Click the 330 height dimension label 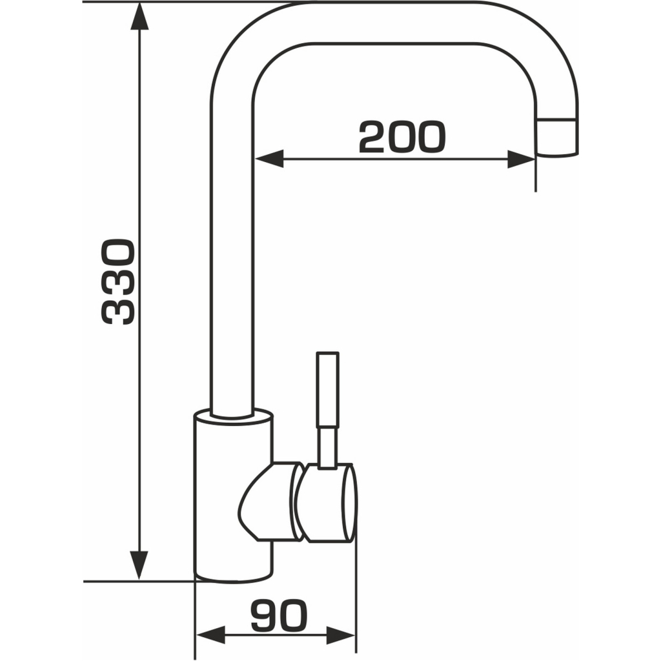pos(119,282)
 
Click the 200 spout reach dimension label pos(402,137)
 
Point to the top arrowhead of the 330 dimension pos(139,16)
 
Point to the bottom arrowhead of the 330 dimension pos(139,565)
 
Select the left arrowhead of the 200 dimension pos(269,159)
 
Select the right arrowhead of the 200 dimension pos(522,159)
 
